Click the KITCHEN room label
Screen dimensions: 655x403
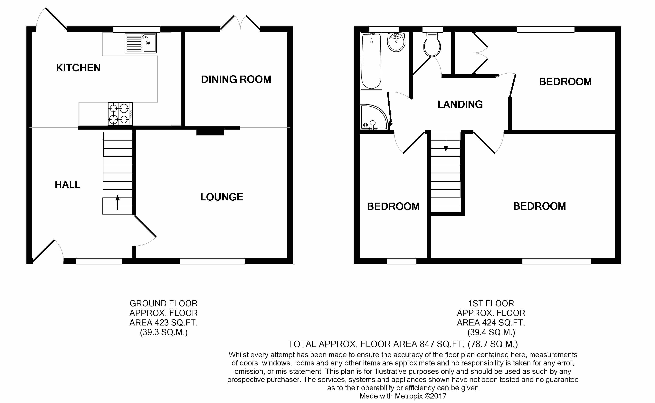pyautogui.click(x=78, y=68)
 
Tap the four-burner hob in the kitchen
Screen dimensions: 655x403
pyautogui.click(x=120, y=114)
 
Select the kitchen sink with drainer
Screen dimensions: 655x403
pyautogui.click(x=141, y=43)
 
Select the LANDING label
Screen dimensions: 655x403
pyautogui.click(x=460, y=104)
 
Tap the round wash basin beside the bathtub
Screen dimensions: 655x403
pyautogui.click(x=396, y=42)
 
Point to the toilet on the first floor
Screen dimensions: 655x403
pyautogui.click(x=432, y=44)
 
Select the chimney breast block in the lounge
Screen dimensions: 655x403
pyautogui.click(x=210, y=132)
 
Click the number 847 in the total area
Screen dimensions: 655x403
pyautogui.click(x=427, y=344)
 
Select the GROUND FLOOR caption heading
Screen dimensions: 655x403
pyautogui.click(x=164, y=303)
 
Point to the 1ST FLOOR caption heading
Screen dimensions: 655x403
pyautogui.click(x=491, y=303)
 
